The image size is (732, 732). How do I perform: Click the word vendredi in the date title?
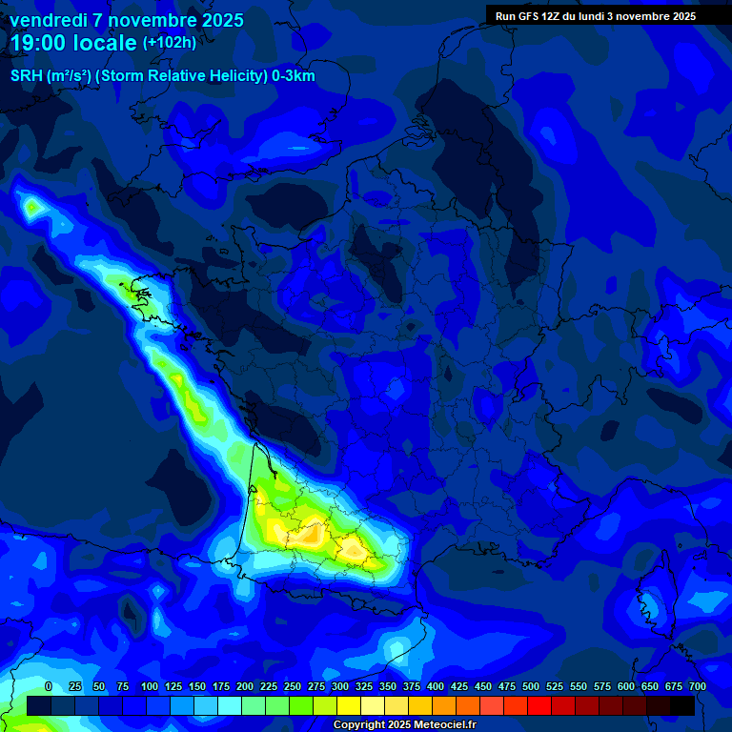47,20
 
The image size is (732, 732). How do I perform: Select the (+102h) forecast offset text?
170,43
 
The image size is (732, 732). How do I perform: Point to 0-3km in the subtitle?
293,76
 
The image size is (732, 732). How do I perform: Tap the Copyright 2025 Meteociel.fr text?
403,725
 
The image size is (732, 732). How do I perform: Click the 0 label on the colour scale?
49,687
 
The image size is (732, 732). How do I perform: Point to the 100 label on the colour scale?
150,687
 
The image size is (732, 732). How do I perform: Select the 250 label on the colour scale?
293,687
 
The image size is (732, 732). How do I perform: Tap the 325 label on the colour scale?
364,687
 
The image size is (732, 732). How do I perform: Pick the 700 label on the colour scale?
697,687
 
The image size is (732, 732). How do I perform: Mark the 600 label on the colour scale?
626,687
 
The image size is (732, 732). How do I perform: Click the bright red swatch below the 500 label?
539,705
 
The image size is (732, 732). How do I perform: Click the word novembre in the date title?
151,20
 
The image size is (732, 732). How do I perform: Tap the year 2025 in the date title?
221,20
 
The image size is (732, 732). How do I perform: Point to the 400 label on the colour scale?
436,687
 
